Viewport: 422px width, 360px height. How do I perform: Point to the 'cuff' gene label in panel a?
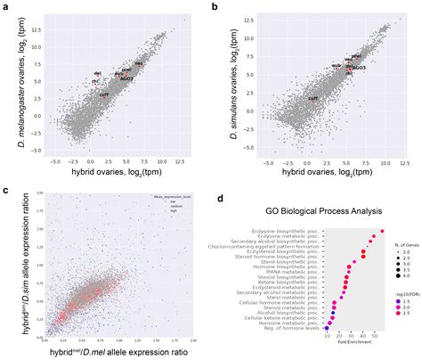[x=103, y=94]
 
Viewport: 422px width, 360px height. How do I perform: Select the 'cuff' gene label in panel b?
[x=312, y=98]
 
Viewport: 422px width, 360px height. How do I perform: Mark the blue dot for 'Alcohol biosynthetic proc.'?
[x=334, y=313]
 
